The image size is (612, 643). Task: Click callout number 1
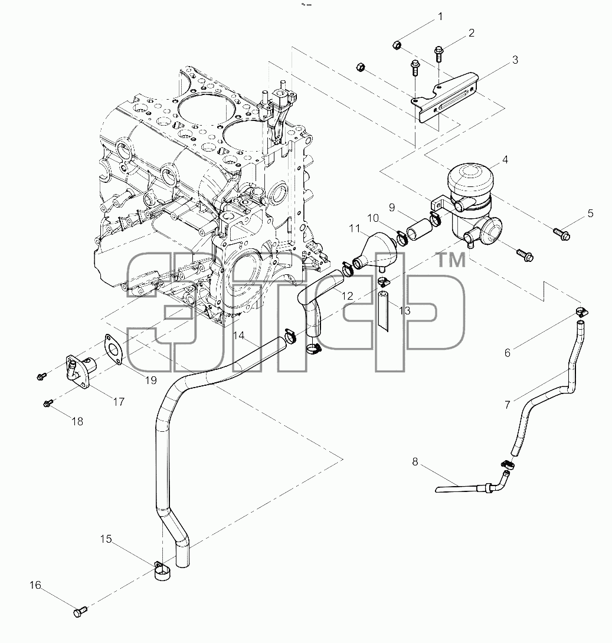[440, 17]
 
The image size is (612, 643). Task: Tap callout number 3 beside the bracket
[515, 60]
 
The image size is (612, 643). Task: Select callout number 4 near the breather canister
[505, 159]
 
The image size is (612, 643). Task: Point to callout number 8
[415, 462]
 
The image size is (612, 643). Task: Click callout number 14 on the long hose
[239, 336]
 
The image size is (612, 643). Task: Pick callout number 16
[35, 585]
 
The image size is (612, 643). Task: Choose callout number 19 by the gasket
[151, 380]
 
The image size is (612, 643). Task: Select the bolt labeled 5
[562, 234]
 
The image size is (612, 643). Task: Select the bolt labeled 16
[80, 612]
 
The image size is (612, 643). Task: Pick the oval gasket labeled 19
[113, 349]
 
